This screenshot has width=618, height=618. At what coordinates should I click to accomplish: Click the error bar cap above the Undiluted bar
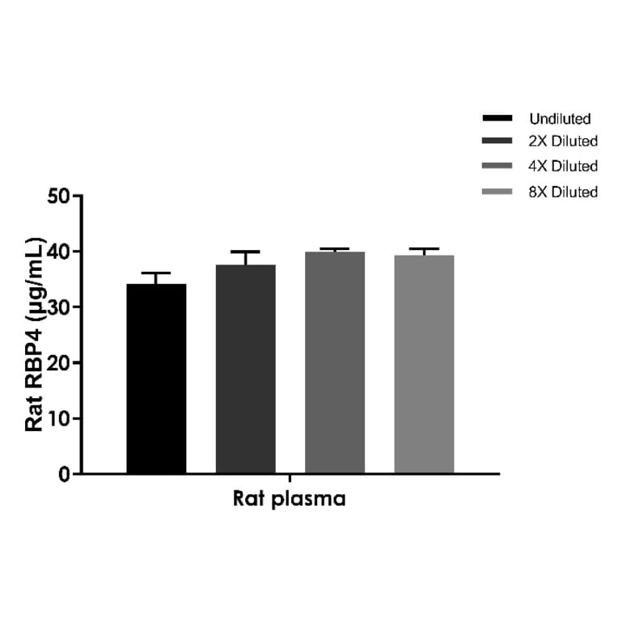[156, 273]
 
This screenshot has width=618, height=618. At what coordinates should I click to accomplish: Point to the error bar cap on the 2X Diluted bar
[245, 252]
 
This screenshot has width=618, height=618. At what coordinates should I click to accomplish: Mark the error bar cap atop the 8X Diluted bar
[424, 249]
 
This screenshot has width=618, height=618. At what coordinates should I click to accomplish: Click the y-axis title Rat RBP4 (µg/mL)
[34, 334]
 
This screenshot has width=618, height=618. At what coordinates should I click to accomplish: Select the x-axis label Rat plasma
[290, 499]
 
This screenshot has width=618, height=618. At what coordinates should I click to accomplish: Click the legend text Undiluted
[560, 119]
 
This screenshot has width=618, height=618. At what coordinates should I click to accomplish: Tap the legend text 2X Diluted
[563, 142]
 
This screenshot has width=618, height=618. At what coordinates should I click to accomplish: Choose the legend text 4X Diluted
[563, 167]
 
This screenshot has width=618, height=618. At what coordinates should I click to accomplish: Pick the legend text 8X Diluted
[563, 193]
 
